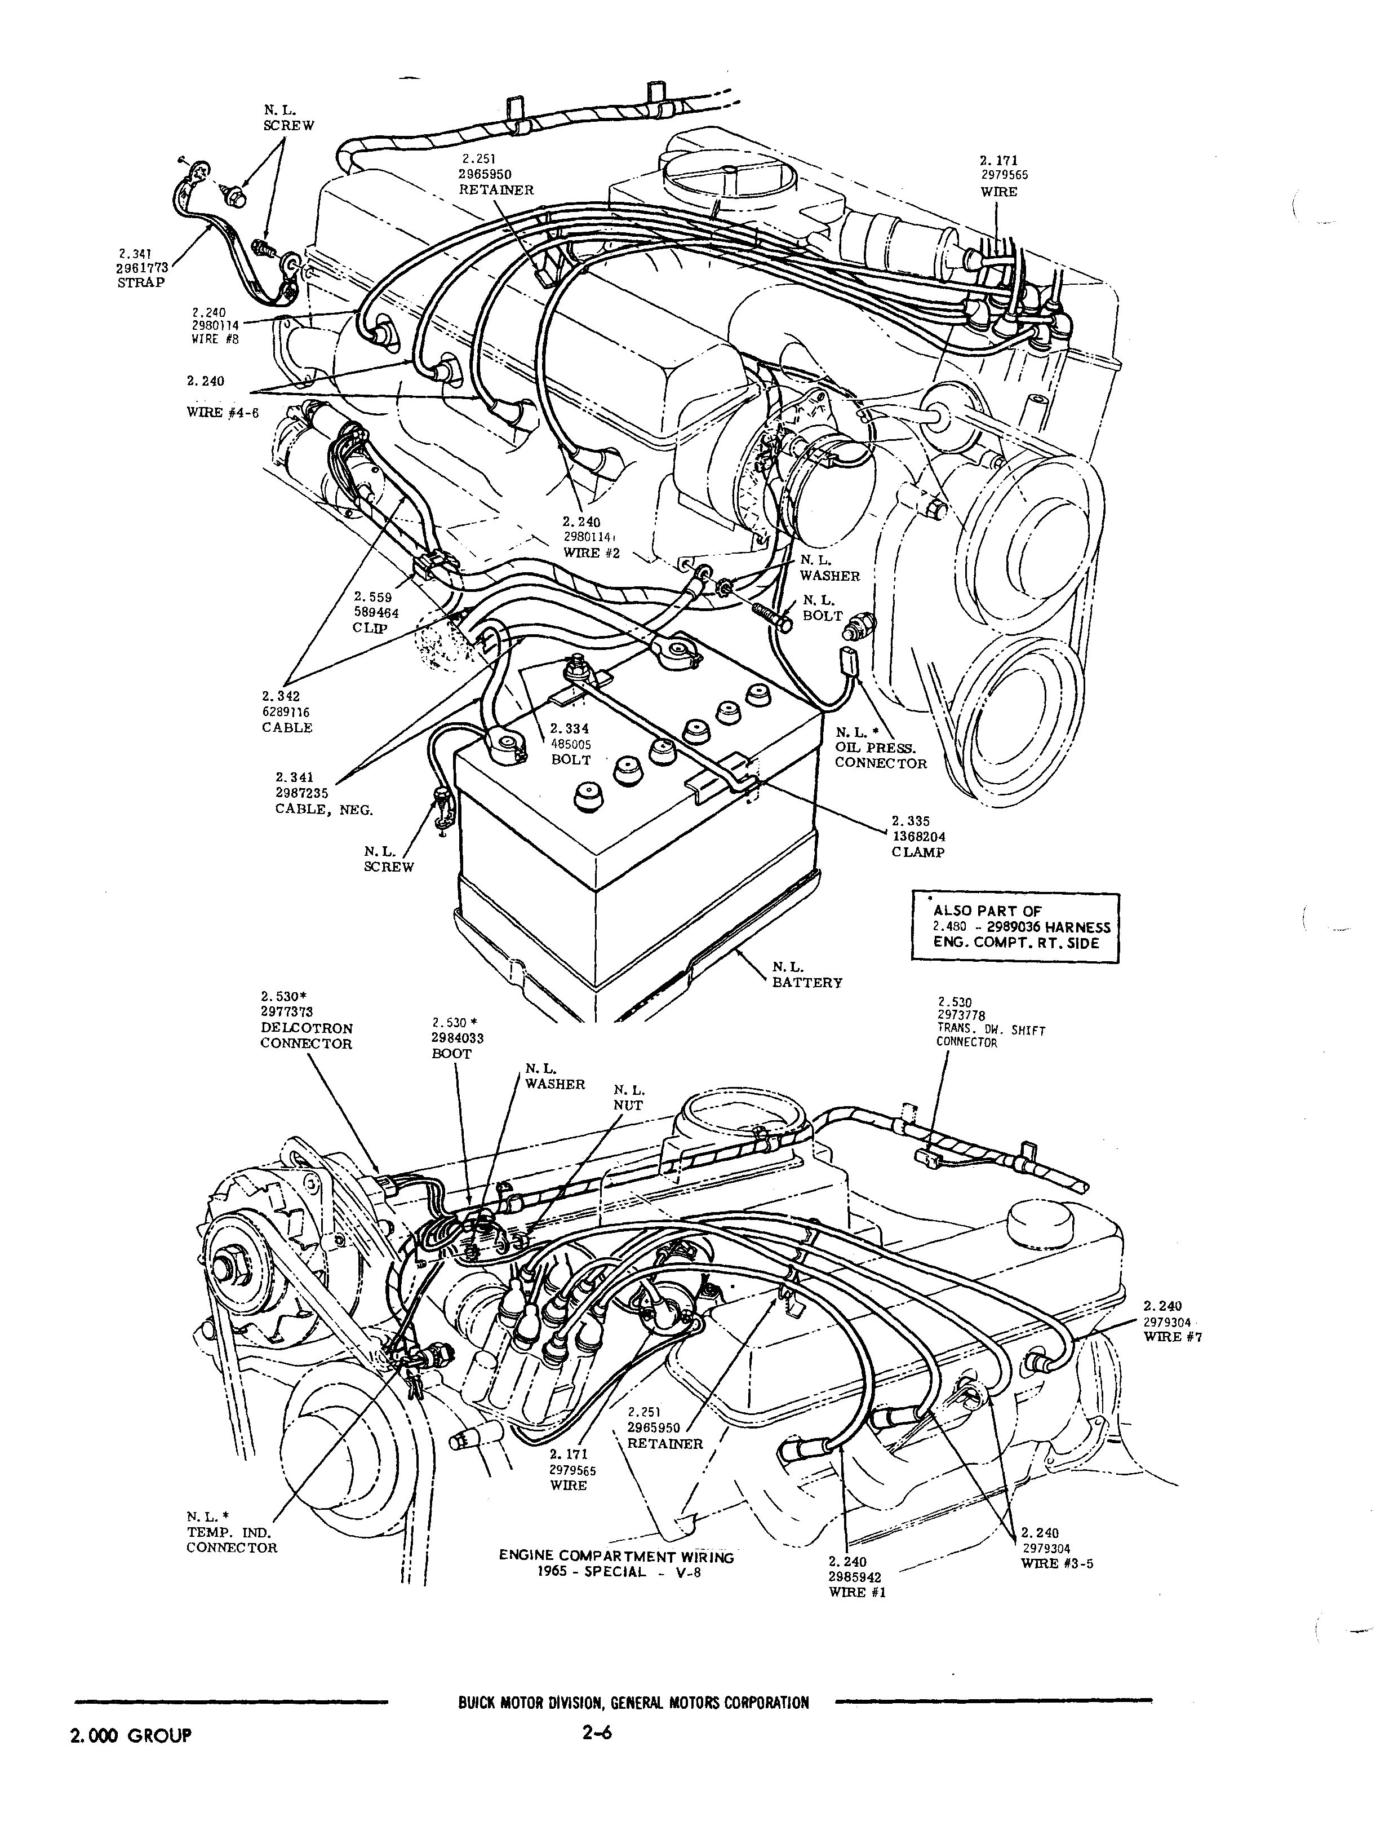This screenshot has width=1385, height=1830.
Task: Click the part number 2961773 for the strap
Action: tap(143, 267)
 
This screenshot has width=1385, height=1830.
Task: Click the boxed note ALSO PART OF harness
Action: tap(1015, 927)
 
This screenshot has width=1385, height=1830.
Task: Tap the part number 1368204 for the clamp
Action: tap(918, 837)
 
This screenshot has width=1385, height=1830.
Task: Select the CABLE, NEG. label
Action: tap(324, 809)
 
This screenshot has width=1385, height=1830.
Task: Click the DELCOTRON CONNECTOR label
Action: tap(306, 1036)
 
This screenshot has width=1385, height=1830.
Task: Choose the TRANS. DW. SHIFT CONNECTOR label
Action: tap(990, 1037)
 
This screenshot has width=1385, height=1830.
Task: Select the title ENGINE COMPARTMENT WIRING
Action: tap(616, 1556)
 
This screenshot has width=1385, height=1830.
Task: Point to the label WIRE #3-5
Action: tap(1056, 1563)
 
